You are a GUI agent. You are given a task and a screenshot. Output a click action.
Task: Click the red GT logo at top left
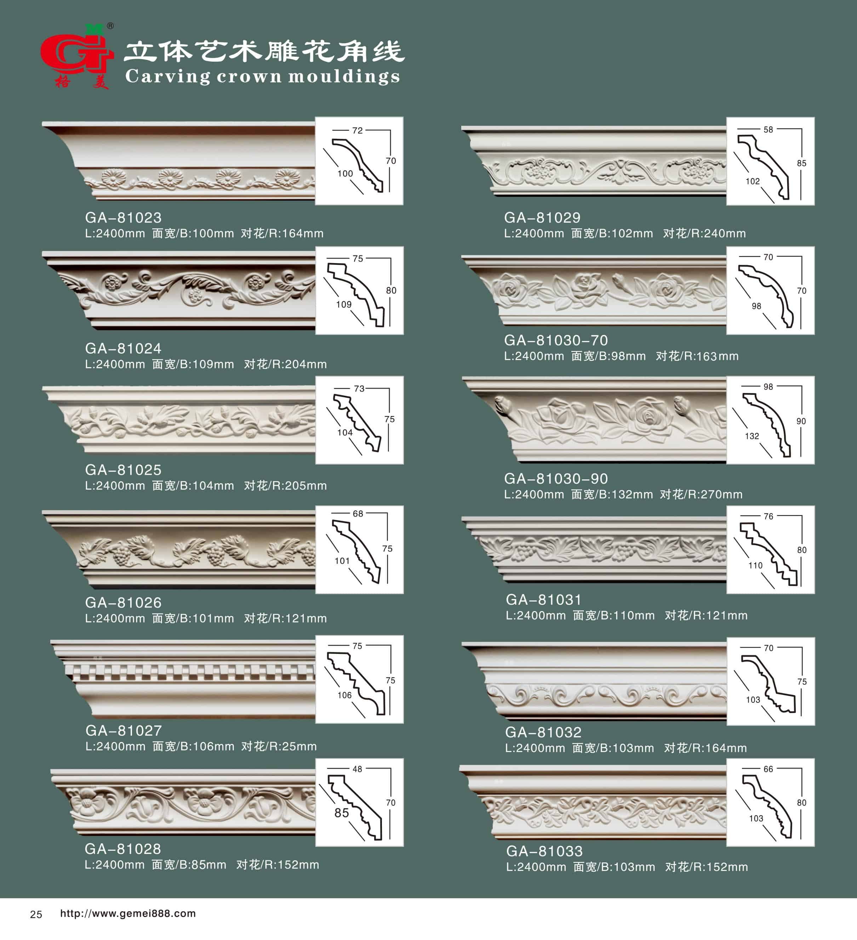pos(77,56)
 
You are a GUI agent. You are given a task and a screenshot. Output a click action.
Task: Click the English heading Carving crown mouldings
pos(263,76)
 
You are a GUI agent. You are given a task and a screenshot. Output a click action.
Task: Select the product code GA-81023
pos(123,218)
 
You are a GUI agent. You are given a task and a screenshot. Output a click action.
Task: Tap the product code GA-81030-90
pos(556,479)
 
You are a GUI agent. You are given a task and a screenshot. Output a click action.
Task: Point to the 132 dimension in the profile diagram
pos(752,436)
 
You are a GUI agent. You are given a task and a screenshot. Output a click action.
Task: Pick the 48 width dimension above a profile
pos(357,769)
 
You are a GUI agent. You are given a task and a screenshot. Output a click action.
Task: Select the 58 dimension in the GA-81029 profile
pos(768,130)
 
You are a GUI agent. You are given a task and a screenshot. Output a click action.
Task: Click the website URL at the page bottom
pos(128,913)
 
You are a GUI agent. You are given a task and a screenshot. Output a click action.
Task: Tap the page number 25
pos(36,915)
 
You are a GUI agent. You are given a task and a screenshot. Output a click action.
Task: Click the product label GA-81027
pos(124,731)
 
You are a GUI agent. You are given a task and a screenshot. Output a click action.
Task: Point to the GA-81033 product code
pos(544,851)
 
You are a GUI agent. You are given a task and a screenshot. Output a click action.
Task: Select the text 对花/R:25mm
pos(279,746)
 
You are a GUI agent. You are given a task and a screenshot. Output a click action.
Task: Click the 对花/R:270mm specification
pos(701,494)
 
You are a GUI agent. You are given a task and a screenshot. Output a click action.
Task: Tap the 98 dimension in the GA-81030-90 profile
pos(768,387)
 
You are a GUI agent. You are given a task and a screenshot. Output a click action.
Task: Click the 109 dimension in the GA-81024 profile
pos(344,304)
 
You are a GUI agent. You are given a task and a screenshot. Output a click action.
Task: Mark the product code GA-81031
pos(544,600)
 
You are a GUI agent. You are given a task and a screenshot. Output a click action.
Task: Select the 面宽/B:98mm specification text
pos(609,356)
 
